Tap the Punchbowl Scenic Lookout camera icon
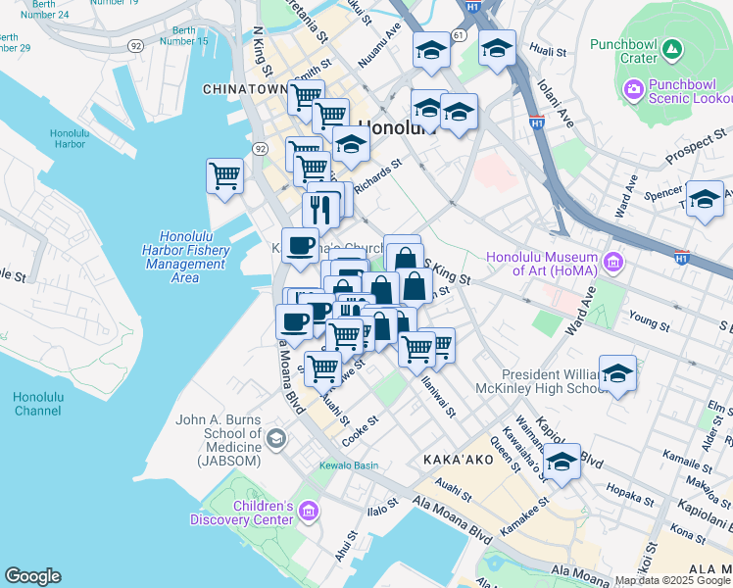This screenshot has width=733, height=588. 634,91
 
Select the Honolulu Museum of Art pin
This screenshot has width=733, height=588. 613,262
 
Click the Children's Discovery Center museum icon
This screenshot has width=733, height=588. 309,511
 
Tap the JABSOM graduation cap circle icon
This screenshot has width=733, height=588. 276,437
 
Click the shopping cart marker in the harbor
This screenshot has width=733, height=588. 224,177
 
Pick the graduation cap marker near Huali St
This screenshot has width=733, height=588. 497,47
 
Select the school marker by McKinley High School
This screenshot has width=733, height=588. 617,374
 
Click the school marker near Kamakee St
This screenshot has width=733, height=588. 562,462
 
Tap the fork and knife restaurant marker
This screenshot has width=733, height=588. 319,208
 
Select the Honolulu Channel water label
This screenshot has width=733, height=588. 38,403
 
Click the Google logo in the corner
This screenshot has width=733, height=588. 32,576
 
